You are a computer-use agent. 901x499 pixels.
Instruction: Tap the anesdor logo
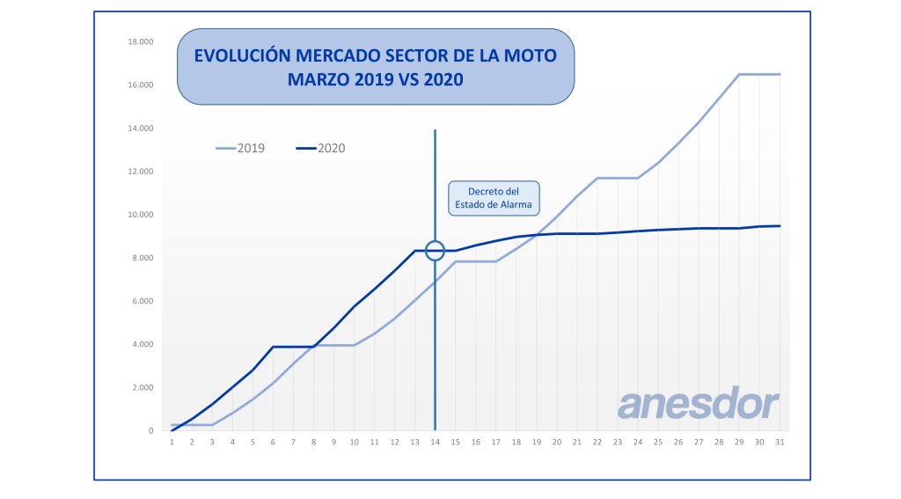[698, 405]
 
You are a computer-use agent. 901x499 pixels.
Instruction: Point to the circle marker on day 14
[435, 251]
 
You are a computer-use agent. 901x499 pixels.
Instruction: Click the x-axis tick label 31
[780, 442]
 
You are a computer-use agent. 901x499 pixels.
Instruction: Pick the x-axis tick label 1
[172, 442]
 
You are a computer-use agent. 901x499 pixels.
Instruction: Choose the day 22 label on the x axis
[597, 442]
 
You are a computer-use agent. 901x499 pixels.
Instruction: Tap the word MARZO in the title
[319, 79]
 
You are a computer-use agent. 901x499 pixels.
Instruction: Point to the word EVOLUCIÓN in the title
[241, 55]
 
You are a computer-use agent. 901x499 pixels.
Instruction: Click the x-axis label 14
[435, 442]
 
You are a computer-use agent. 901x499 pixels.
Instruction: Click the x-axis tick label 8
[313, 442]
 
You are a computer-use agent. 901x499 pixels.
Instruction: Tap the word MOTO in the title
[530, 55]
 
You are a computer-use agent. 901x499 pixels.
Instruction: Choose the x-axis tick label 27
[699, 442]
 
